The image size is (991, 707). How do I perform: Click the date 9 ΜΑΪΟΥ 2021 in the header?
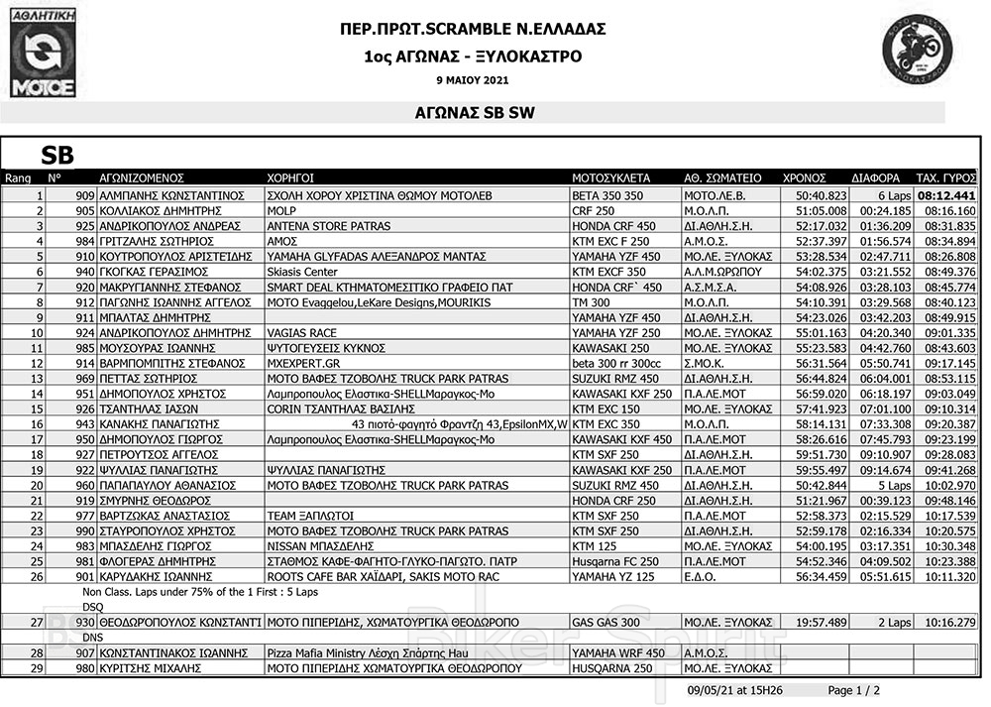(472, 80)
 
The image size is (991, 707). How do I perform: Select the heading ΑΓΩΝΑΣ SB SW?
(474, 113)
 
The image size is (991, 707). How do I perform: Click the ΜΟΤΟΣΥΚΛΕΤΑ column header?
(610, 178)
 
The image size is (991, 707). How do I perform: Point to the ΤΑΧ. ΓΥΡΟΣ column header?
(945, 178)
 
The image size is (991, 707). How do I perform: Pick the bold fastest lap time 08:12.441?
(946, 196)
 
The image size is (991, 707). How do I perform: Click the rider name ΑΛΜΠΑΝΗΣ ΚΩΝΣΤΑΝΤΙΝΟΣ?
(170, 196)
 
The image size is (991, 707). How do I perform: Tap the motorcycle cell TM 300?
(592, 302)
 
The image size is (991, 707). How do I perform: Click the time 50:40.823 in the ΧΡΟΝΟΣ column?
(821, 196)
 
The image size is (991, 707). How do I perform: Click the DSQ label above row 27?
(92, 606)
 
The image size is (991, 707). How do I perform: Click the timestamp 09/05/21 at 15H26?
(734, 690)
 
